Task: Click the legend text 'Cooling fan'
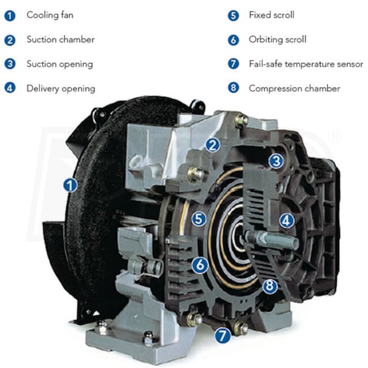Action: click(50, 15)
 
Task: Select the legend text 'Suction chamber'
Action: click(61, 39)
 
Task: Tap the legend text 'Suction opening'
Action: click(59, 64)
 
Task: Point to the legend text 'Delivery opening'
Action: click(61, 89)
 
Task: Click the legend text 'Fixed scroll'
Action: click(271, 15)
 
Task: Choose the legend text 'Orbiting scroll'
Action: click(277, 40)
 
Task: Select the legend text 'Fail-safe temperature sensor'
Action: click(306, 64)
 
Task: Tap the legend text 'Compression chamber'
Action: click(294, 88)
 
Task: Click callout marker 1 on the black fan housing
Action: click(70, 185)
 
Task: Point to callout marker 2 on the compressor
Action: click(213, 145)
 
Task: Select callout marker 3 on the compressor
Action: click(276, 161)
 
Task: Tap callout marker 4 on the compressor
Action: click(286, 221)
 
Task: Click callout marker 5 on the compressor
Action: click(199, 219)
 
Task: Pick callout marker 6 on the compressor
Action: click(200, 265)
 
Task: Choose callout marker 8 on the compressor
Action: click(270, 286)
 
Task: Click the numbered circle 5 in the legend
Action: click(233, 16)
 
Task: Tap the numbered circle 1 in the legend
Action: click(10, 16)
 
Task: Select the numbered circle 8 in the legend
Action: click(233, 88)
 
